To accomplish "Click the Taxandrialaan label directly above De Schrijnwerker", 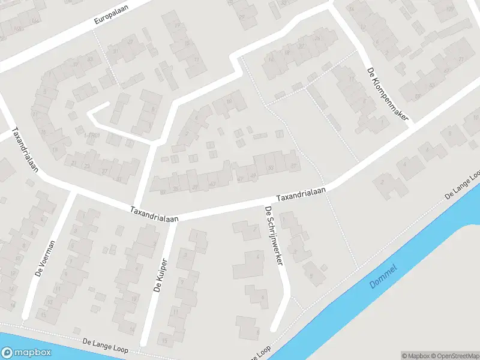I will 301,194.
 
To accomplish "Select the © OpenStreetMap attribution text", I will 456,356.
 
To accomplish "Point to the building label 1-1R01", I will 92,136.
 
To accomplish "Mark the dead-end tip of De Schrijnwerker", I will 274,329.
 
